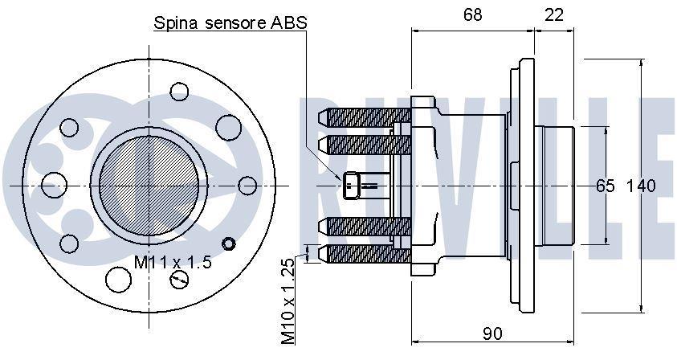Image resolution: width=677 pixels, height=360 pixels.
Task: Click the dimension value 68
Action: pos(472,15)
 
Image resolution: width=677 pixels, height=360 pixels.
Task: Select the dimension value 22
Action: pos(554,15)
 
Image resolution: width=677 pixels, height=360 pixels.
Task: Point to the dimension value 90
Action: pos(492,333)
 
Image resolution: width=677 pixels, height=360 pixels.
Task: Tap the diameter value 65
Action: pos(606,186)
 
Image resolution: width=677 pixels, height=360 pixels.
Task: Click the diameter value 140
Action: pos(641,186)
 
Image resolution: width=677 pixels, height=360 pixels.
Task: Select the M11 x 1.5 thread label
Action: pos(173,262)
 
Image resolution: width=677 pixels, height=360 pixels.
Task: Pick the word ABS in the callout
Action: pos(289,22)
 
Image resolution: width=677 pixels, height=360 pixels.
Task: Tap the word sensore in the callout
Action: pos(235,23)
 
